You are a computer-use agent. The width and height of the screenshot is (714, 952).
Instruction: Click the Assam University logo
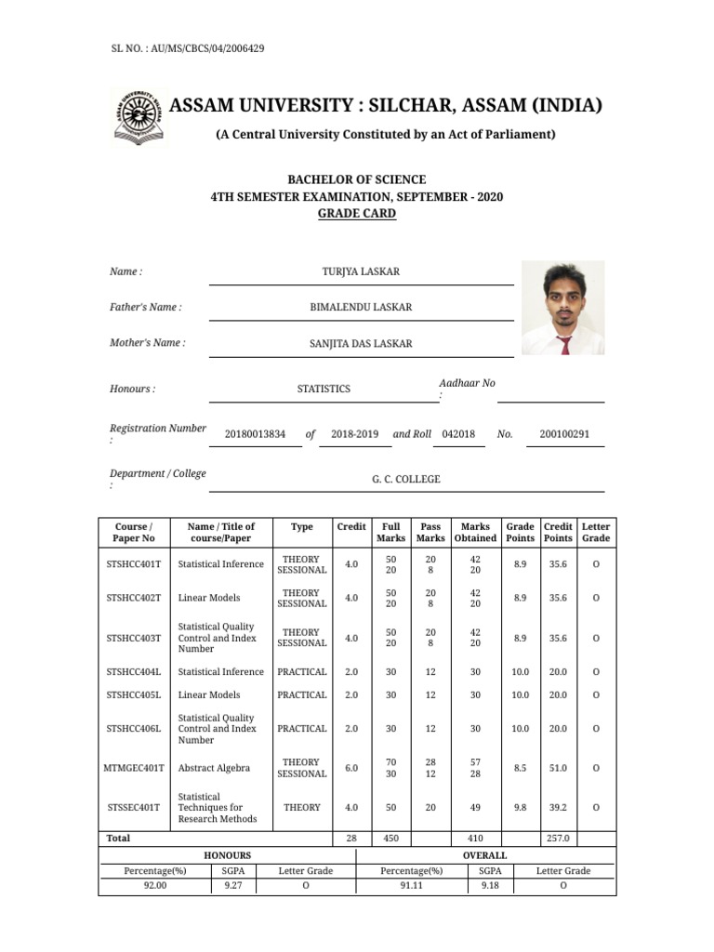coord(137,117)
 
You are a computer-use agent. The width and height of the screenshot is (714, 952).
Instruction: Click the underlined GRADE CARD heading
coord(357,214)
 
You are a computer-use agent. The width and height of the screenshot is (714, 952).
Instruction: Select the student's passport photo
coord(562,308)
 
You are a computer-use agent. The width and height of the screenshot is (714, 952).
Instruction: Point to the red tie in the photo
coord(564,345)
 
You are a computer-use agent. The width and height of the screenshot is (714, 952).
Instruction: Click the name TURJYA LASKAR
coord(361,271)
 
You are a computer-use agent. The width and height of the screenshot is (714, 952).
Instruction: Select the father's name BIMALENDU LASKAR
coord(361,307)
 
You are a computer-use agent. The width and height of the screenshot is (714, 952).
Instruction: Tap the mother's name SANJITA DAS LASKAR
coord(361,343)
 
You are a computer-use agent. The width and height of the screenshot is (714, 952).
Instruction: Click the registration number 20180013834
coord(256,434)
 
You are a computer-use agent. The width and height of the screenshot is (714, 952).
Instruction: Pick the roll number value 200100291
coord(564,434)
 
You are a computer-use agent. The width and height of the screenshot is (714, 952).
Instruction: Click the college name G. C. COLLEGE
coord(406,480)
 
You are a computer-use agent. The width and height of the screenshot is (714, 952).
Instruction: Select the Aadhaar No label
coord(467,383)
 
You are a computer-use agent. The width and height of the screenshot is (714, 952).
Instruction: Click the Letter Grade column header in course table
coord(596,532)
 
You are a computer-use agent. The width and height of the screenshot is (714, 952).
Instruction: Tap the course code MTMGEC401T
coord(135,768)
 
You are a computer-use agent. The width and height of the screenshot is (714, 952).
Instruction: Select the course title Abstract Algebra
coord(214,768)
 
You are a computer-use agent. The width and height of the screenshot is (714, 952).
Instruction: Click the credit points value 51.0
coord(558,768)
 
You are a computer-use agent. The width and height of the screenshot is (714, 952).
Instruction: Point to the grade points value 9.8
coord(520,807)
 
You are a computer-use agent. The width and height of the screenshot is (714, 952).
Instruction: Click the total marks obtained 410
coord(475,838)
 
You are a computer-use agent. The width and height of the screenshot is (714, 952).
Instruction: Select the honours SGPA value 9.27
coord(232,886)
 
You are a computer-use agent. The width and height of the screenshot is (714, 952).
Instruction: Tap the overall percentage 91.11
coord(411,886)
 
